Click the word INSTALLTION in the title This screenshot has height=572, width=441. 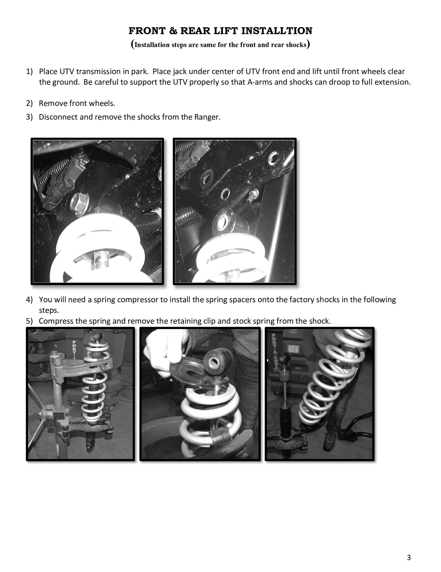tap(277, 31)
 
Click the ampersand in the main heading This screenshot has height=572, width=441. tap(173, 31)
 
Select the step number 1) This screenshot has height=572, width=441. tap(29, 71)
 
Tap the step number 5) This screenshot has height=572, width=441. tap(29, 321)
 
